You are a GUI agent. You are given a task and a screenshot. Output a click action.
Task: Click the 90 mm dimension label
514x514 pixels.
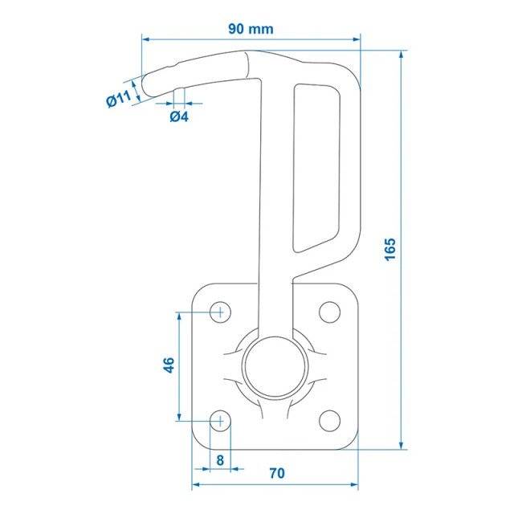[251, 29]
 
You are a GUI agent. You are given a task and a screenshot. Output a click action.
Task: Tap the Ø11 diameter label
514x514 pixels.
[119, 98]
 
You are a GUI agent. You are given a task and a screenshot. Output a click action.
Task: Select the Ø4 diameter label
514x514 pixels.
[179, 116]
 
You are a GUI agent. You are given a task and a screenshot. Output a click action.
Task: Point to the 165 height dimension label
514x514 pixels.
[390, 250]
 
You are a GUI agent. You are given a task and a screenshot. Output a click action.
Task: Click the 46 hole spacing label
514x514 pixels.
[169, 365]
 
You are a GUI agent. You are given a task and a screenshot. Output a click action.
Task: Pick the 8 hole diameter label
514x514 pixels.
[220, 460]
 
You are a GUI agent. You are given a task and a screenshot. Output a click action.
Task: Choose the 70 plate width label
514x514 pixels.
[277, 473]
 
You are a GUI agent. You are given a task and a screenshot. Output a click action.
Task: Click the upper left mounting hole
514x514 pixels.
[220, 312]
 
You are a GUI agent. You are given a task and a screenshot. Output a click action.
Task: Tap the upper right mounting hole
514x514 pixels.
[329, 312]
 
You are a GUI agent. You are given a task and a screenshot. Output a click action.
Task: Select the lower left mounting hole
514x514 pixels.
[220, 421]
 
